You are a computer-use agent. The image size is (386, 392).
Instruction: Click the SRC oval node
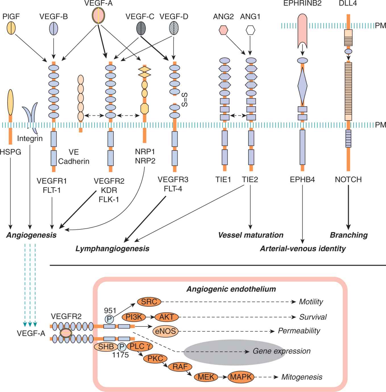(149, 302)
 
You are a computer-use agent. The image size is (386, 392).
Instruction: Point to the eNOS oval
(165, 331)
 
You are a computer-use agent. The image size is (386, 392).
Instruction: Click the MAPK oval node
(241, 377)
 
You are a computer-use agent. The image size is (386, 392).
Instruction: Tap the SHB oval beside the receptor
(106, 347)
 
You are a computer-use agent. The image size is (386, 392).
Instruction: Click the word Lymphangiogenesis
(112, 249)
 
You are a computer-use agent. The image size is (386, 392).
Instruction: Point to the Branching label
(348, 235)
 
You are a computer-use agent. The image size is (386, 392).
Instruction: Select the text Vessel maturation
(251, 235)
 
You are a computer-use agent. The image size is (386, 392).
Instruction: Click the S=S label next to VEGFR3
(184, 99)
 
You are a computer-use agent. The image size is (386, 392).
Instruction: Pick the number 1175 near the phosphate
(120, 355)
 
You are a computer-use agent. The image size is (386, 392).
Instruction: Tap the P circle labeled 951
(109, 319)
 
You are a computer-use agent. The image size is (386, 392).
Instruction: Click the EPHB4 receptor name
(302, 180)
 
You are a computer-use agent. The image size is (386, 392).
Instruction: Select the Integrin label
(30, 139)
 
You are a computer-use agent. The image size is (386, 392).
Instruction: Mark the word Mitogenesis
(302, 377)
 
